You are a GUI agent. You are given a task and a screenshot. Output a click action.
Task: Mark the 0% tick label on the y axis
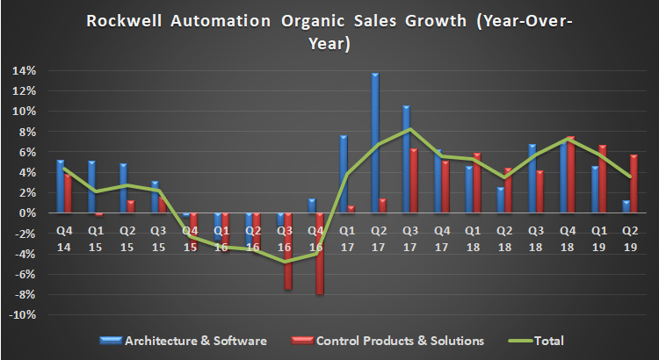click(x=30, y=213)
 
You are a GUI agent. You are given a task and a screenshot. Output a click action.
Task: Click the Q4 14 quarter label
click(x=64, y=237)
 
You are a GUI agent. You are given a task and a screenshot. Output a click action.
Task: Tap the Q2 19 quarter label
click(x=630, y=237)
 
